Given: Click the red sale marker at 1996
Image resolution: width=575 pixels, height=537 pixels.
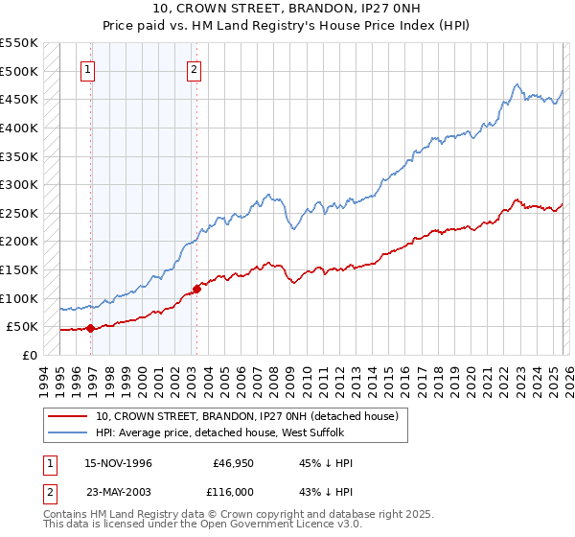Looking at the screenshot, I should [x=90, y=328].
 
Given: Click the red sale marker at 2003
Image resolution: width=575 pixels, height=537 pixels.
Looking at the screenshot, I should [x=196, y=289].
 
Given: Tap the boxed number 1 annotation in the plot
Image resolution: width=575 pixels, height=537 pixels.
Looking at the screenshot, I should [x=88, y=68].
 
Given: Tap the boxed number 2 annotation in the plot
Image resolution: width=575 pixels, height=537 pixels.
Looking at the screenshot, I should [x=194, y=68].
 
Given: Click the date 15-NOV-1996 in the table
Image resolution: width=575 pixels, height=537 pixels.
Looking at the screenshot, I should [x=118, y=463].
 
